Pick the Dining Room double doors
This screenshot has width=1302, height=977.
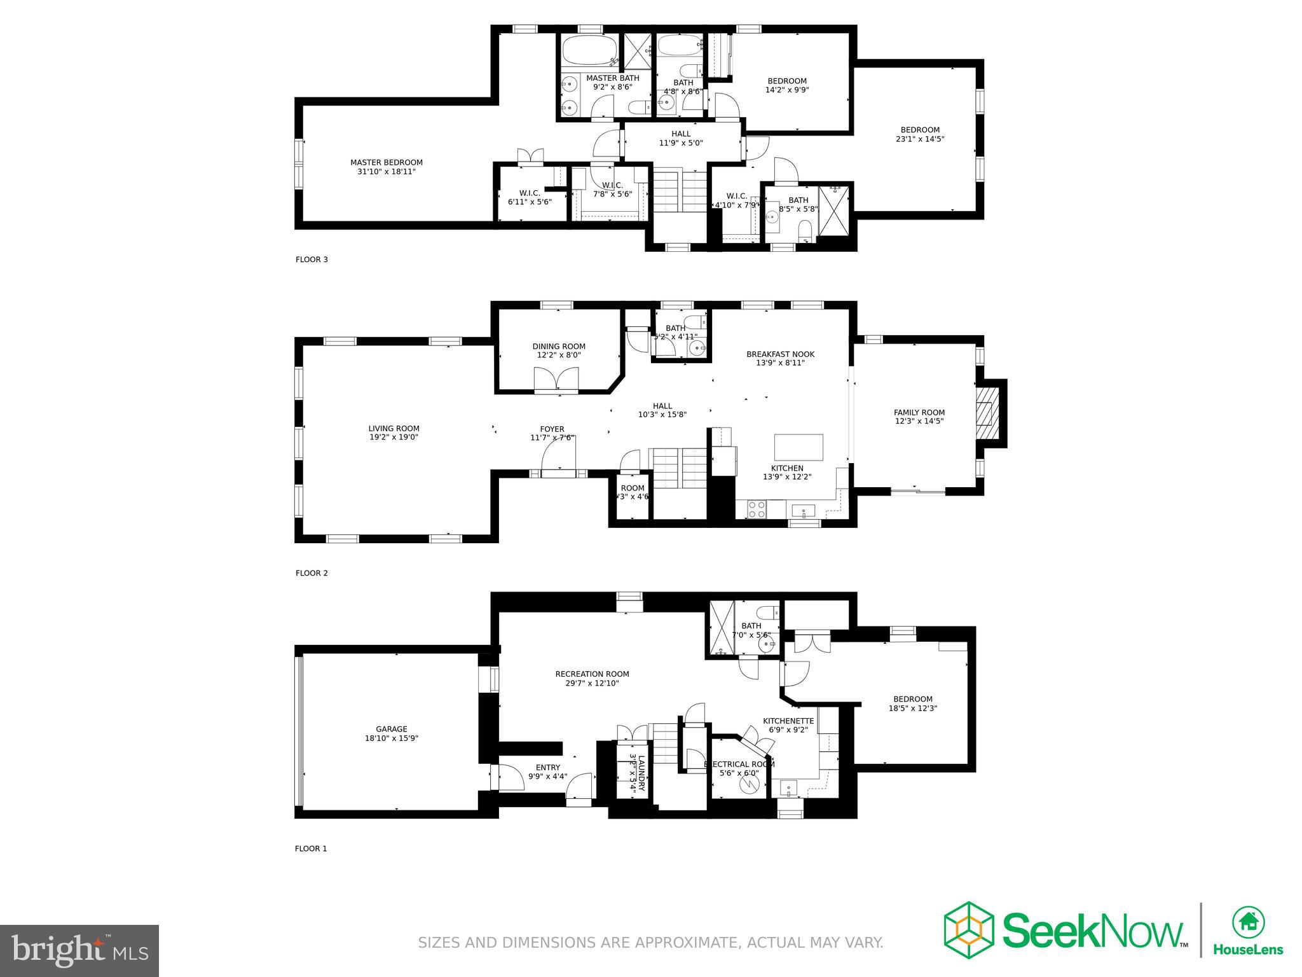pos(557,380)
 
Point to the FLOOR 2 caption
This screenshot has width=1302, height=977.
pos(312,573)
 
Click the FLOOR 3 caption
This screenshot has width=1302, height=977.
pos(312,260)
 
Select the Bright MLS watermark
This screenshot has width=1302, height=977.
pos(79,950)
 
